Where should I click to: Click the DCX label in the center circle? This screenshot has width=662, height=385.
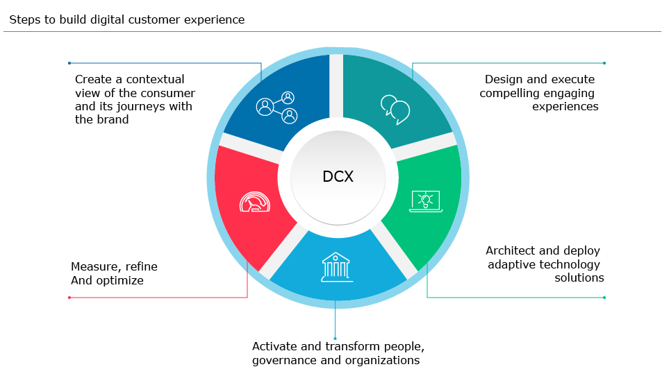pyautogui.click(x=338, y=177)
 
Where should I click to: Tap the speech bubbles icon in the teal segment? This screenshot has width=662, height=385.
pyautogui.click(x=395, y=109)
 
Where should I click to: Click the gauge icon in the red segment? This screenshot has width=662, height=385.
pyautogui.click(x=255, y=201)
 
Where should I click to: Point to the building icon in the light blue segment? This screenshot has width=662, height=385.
pyautogui.click(x=336, y=267)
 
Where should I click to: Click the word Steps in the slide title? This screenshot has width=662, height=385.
pyautogui.click(x=24, y=20)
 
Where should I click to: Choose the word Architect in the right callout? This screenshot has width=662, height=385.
pyautogui.click(x=512, y=250)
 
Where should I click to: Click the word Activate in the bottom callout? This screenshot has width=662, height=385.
pyautogui.click(x=274, y=346)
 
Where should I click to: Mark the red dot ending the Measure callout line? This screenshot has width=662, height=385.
pyautogui.click(x=69, y=298)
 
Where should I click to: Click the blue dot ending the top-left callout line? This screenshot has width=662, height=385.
pyautogui.click(x=69, y=63)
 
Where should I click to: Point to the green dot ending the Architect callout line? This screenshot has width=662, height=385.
pyautogui.click(x=604, y=298)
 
